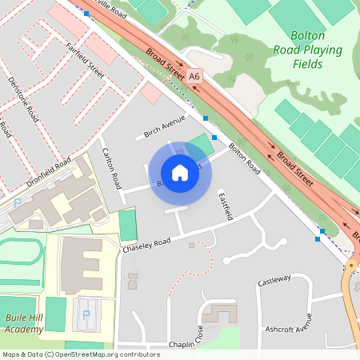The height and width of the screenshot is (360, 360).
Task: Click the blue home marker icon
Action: tap(180, 172)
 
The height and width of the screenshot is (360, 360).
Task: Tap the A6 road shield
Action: tap(194, 77)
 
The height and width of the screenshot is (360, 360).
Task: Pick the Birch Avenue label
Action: tap(164, 126)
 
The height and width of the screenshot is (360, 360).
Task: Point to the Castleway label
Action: tap(274, 281)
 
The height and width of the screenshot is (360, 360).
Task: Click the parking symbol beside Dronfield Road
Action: tap(18, 204)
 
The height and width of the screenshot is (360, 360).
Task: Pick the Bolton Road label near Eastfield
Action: tap(245, 158)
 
